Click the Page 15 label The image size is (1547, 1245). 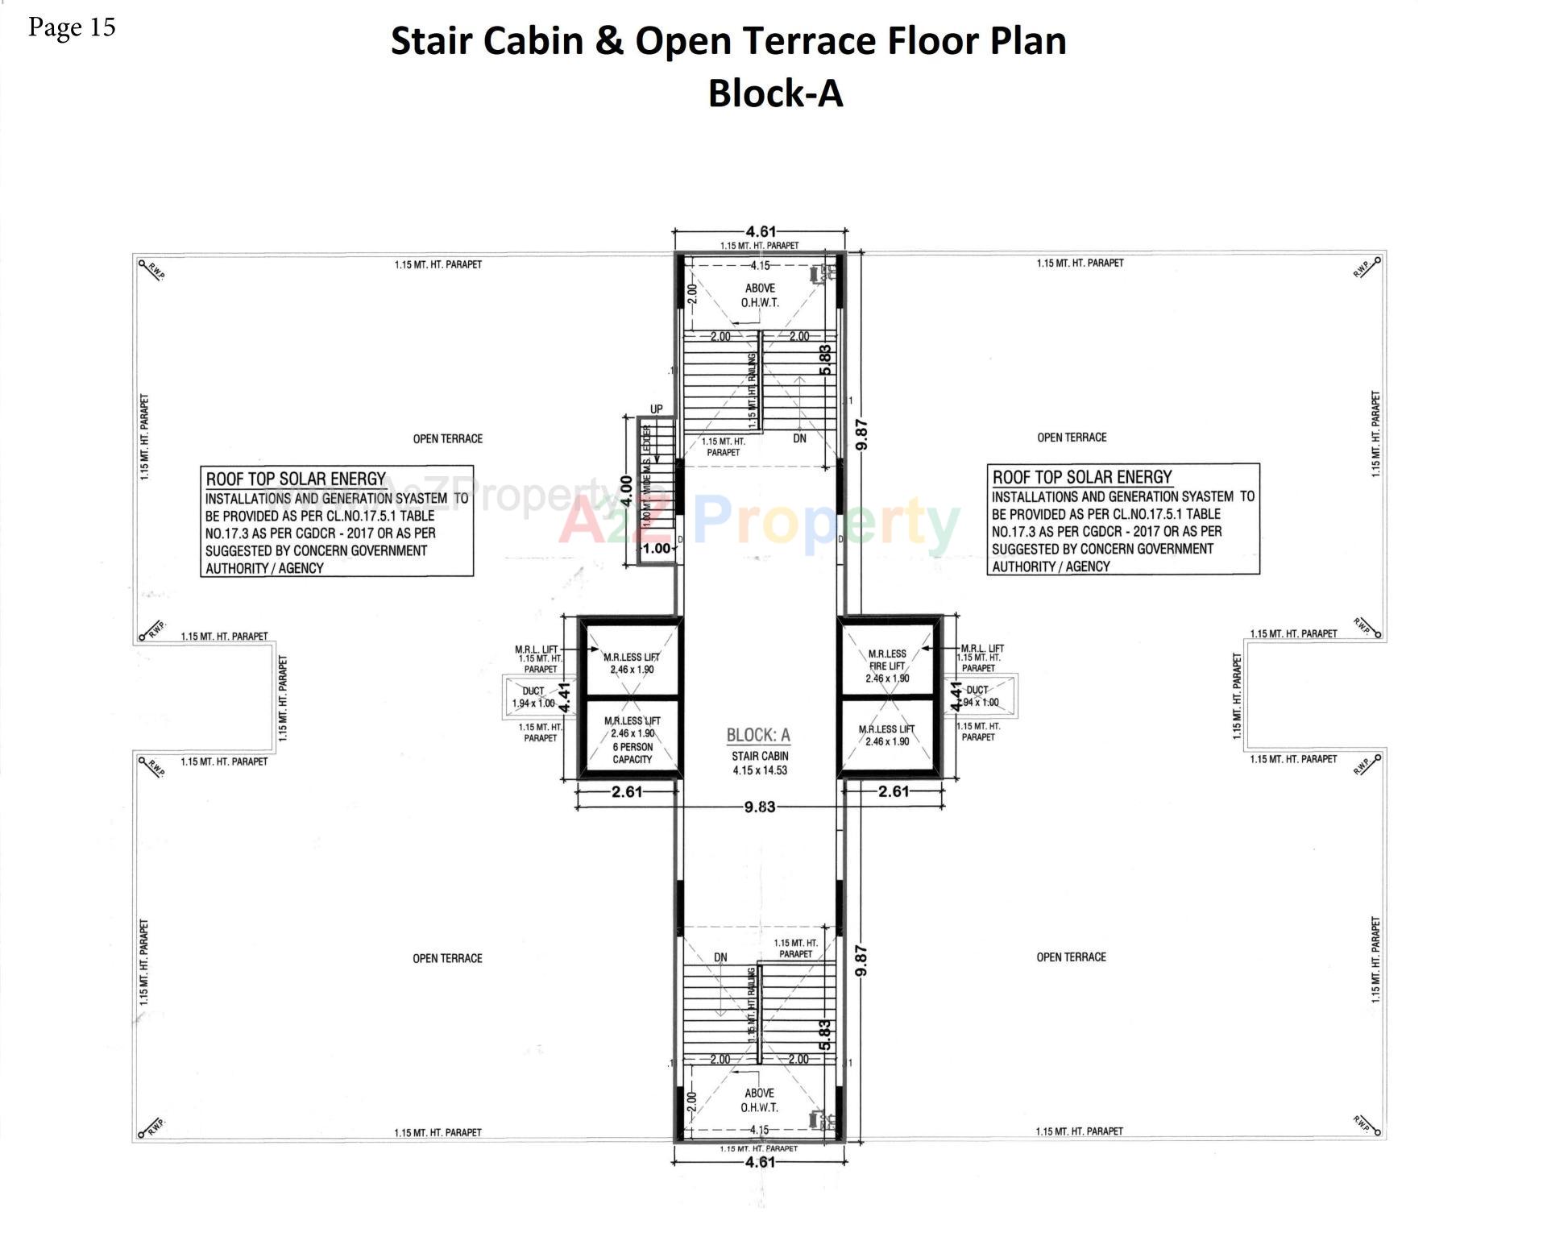(72, 27)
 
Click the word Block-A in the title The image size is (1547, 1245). (775, 93)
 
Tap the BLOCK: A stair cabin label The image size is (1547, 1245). (758, 735)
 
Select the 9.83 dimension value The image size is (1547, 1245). (760, 807)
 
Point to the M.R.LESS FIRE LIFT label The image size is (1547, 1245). (887, 666)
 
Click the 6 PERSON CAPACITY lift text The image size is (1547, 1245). (632, 753)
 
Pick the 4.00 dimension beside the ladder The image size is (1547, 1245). (626, 495)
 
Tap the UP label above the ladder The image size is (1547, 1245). (657, 409)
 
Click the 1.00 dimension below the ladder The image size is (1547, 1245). (657, 548)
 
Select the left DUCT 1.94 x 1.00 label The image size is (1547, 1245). (533, 697)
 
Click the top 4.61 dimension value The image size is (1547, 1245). (760, 233)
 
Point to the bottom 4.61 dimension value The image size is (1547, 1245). (760, 1162)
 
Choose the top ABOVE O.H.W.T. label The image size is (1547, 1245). (760, 295)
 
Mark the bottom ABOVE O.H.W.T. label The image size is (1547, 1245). (760, 1100)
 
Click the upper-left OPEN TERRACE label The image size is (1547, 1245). (448, 438)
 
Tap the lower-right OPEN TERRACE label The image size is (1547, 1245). (1071, 957)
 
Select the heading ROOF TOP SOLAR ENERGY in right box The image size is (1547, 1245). (1082, 477)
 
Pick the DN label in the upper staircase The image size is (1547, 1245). (799, 438)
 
